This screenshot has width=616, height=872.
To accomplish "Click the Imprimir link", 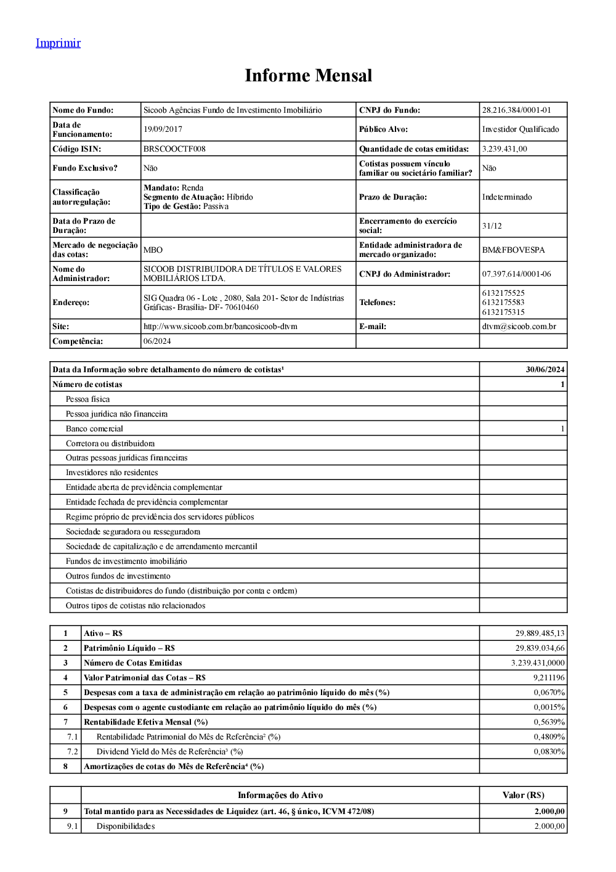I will coord(58,43).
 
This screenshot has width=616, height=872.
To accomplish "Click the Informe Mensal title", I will coord(308,76).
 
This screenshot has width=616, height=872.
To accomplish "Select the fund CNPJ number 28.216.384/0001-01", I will coord(516,110).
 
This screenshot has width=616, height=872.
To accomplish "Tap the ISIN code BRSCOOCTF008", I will coord(174,149).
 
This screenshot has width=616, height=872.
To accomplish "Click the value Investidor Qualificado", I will coord(521,129).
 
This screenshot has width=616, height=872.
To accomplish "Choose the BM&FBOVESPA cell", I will coord(513,250).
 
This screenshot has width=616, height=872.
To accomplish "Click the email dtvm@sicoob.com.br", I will coord(519,327).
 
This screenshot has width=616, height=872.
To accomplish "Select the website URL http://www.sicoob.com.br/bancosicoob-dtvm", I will coord(220,327).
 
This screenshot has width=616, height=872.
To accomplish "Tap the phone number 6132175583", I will coord(503,303).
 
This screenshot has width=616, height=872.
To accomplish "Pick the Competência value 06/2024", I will coord(157,341).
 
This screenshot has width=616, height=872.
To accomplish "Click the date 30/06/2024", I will coord(545,370).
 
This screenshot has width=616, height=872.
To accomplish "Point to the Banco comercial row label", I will coord(94,429).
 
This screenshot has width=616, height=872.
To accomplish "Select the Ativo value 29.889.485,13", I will coord(540,634).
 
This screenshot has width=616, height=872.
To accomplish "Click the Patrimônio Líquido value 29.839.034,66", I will coord(540,648).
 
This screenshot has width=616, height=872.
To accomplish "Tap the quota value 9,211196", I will coord(548,678).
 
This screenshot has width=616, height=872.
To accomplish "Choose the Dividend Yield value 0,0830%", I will coord(549,752).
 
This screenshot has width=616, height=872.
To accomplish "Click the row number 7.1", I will coord(73,737).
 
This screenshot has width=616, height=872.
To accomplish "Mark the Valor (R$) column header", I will coord(523,796).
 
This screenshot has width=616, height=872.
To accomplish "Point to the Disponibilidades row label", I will coord(126,826).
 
